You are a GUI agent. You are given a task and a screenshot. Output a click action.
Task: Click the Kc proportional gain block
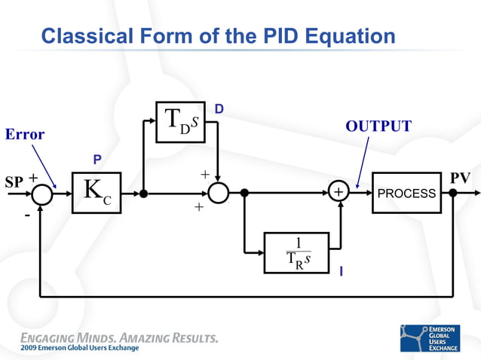pyautogui.click(x=97, y=193)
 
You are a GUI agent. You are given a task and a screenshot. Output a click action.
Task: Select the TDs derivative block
pyautogui.click(x=180, y=121)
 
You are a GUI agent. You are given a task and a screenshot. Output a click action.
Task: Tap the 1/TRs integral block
pyautogui.click(x=297, y=252)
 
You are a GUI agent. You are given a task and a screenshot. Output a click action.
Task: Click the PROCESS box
pyautogui.click(x=406, y=193)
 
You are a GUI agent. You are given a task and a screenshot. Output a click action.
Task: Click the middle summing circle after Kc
pyautogui.click(x=219, y=194)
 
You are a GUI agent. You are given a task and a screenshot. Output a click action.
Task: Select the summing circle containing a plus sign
pyautogui.click(x=339, y=194)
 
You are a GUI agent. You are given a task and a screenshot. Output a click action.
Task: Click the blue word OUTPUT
pyautogui.click(x=378, y=127)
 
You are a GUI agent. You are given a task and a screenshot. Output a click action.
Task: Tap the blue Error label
pyautogui.click(x=25, y=135)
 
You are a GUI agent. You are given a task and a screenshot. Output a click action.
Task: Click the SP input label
pyautogui.click(x=14, y=182)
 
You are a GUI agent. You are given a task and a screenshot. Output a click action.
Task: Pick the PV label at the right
pyautogui.click(x=460, y=178)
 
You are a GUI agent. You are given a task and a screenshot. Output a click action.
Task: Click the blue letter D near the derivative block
pyautogui.click(x=219, y=110)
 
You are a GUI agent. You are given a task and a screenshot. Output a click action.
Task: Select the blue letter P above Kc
pyautogui.click(x=97, y=160)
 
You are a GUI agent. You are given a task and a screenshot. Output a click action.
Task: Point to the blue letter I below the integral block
pyautogui.click(x=341, y=271)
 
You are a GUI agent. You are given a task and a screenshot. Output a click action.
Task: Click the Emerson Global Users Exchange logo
pyautogui.click(x=429, y=337)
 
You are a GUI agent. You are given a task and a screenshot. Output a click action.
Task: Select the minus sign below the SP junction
pyautogui.click(x=26, y=215)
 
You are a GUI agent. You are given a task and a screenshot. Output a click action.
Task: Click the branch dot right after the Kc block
pyautogui.click(x=142, y=194)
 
